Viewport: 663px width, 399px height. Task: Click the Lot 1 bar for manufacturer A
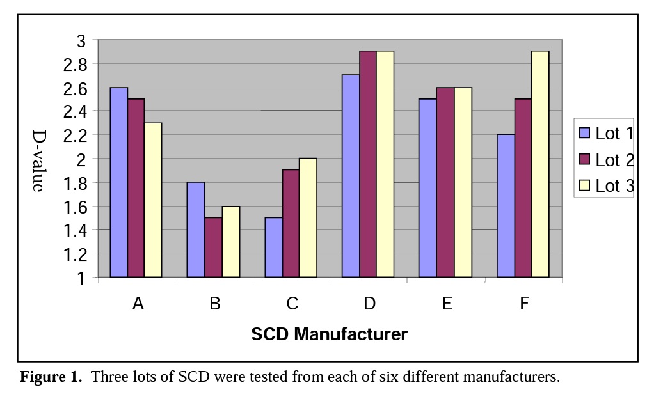[119, 182]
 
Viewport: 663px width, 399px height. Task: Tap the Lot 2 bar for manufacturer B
[213, 247]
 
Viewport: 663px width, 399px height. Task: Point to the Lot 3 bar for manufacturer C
[308, 217]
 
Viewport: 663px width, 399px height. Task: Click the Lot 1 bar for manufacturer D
[351, 176]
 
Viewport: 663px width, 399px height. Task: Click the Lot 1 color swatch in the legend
[585, 133]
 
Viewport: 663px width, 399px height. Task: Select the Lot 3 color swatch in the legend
[585, 186]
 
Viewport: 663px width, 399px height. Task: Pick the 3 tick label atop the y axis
[81, 40]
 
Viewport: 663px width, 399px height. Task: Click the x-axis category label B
[214, 304]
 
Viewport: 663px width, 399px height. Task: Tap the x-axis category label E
[447, 304]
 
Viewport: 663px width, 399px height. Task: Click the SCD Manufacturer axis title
[329, 334]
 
